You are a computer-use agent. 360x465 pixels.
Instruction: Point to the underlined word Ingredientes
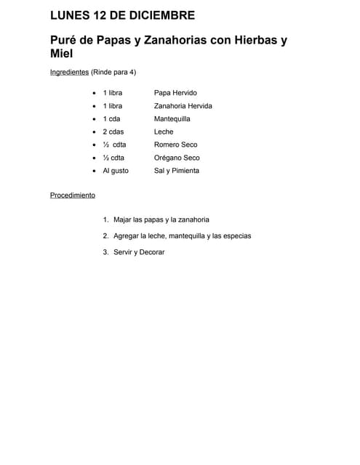(x=69, y=73)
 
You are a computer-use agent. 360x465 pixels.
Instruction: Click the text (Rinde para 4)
(x=113, y=73)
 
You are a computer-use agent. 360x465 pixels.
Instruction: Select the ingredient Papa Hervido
(x=175, y=93)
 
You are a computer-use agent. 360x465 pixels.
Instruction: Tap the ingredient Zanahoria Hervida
(x=183, y=106)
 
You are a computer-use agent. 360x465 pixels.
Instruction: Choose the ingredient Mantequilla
(x=172, y=118)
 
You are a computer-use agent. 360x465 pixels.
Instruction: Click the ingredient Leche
(x=164, y=132)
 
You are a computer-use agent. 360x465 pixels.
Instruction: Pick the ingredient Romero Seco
(x=175, y=145)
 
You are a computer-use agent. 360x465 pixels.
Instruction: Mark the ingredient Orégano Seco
(x=177, y=158)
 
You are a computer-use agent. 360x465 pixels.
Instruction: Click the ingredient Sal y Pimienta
(x=176, y=171)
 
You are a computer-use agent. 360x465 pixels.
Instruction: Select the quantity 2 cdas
(x=113, y=132)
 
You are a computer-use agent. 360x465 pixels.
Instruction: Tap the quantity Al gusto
(x=115, y=171)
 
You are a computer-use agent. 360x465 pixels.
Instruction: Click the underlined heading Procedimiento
(x=72, y=195)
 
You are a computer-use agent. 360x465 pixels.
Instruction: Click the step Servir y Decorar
(x=139, y=252)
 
